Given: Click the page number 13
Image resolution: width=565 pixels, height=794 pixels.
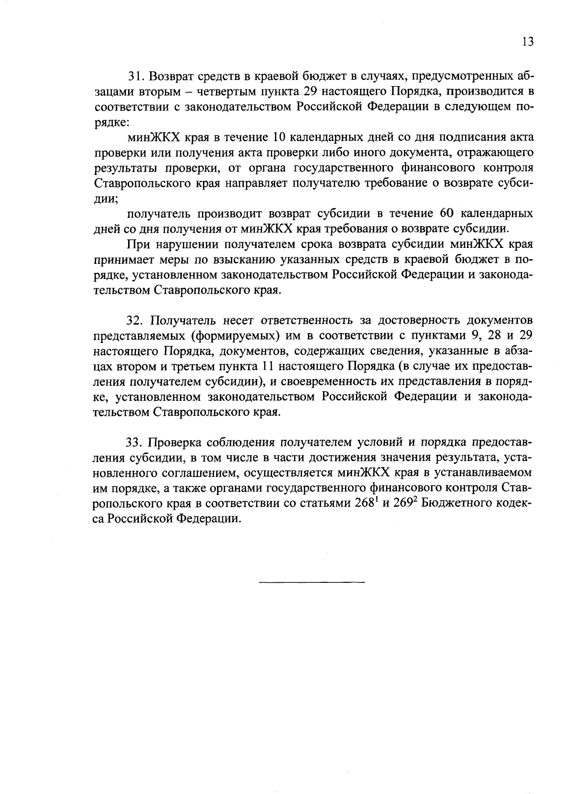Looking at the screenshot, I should [528, 42].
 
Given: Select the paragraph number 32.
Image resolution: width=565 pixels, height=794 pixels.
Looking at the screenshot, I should [134, 321].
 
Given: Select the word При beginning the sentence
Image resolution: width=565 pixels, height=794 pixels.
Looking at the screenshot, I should [137, 244].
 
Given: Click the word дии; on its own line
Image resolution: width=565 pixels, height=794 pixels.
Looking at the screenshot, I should [106, 198].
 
